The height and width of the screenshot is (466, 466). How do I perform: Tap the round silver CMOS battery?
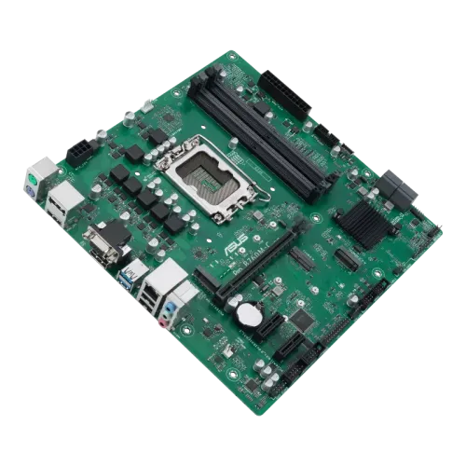coord(246,314)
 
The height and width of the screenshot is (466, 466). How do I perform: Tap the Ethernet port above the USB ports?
coord(167,274)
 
